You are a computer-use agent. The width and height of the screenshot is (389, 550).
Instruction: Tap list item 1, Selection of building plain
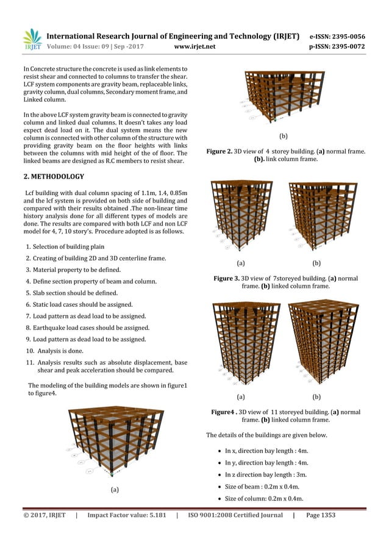(68, 246)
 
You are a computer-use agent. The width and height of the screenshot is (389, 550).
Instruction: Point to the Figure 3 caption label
(230, 278)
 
